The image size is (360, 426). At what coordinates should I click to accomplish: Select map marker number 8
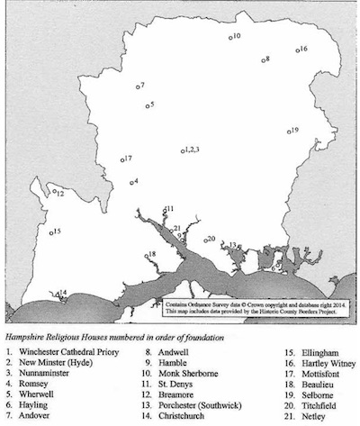261,59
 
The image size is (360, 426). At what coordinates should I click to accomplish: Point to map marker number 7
135,86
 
